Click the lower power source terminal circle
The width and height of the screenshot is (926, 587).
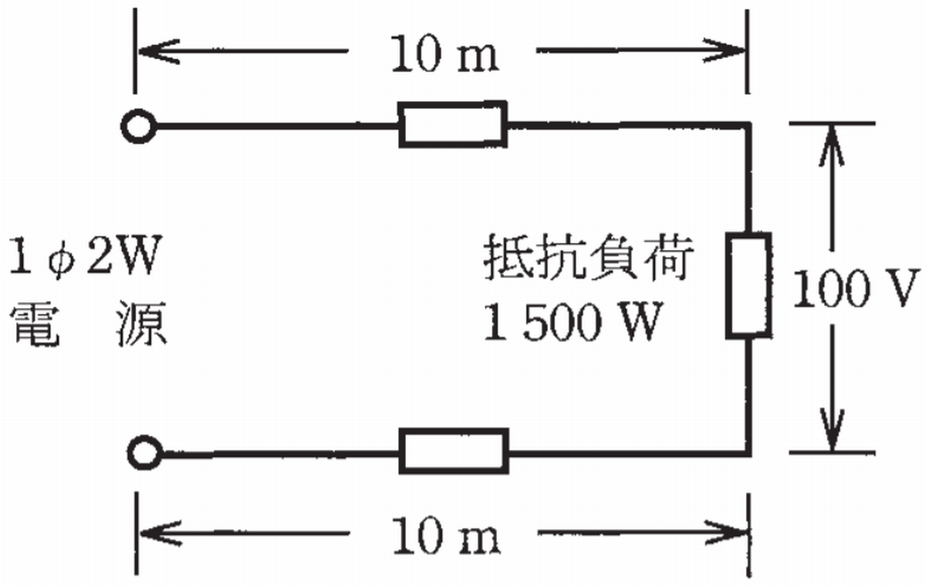(145, 453)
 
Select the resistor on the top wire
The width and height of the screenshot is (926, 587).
(452, 125)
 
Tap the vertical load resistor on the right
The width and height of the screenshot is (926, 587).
(748, 285)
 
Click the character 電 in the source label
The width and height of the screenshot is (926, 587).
(33, 325)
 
